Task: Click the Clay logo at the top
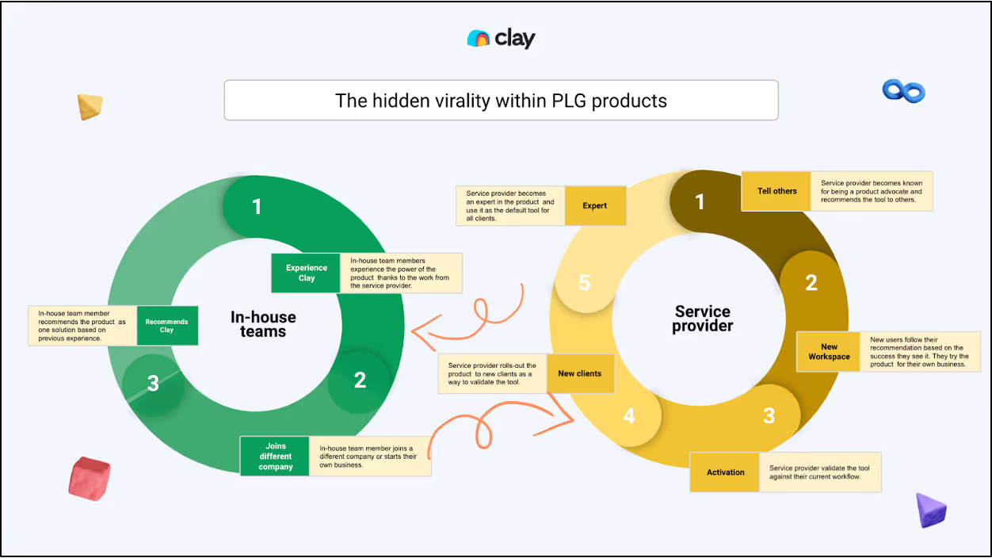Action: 501,38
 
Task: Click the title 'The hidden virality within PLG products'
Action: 501,101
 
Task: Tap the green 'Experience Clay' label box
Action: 306,273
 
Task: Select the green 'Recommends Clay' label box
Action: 166,326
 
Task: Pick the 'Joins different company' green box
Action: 275,457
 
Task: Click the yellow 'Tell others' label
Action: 776,191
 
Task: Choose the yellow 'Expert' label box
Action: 594,206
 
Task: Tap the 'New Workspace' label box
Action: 829,352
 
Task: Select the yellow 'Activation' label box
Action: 725,472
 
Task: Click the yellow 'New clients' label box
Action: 579,373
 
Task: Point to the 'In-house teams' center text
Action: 263,324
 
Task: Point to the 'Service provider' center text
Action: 703,319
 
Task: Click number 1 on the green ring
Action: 256,207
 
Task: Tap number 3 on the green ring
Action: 153,384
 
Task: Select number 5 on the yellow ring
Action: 584,283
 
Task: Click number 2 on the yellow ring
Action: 811,283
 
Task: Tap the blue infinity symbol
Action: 904,91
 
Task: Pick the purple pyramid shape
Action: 930,510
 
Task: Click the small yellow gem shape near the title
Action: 90,106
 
